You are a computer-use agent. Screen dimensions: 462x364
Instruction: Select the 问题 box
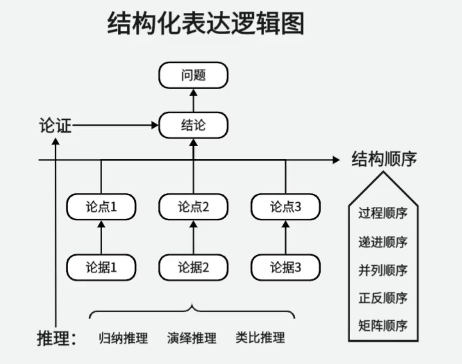click(193, 75)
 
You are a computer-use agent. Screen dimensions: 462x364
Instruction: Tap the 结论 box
click(193, 125)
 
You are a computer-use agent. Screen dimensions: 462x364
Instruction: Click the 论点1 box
click(101, 207)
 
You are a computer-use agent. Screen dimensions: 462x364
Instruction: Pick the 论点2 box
click(193, 207)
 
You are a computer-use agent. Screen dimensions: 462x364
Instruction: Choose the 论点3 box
click(285, 207)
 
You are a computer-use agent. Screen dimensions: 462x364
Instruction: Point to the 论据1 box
click(101, 267)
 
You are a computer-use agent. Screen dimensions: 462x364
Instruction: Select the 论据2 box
click(193, 267)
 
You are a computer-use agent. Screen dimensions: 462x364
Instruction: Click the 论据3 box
click(285, 267)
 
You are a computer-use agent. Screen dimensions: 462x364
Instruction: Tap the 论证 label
click(55, 126)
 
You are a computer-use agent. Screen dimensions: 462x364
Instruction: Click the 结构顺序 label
click(384, 159)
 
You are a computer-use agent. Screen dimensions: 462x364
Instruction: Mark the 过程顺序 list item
click(383, 213)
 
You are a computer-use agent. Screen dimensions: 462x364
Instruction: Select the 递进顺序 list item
click(383, 242)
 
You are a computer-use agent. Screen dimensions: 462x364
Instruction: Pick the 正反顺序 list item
click(383, 298)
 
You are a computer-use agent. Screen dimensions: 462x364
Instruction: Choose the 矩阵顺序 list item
click(383, 326)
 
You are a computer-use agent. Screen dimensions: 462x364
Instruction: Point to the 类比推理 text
click(260, 338)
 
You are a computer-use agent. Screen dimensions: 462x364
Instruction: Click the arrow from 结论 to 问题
click(193, 100)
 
